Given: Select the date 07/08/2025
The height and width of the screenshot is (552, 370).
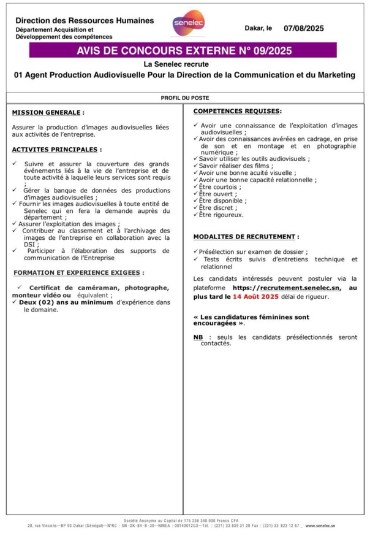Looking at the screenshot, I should click(303, 28).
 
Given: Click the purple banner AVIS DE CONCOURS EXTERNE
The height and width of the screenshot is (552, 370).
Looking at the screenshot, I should click(184, 50).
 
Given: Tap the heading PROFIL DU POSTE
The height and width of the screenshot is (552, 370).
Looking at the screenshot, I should click(184, 98).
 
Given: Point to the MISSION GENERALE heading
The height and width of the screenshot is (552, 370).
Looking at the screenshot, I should click(47, 113).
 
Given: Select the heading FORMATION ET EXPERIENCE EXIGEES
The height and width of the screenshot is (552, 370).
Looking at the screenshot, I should click(78, 272).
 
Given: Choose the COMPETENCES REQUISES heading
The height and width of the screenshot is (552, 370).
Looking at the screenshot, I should click(237, 111).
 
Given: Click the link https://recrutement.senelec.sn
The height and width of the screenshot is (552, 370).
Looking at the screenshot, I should click(286, 287).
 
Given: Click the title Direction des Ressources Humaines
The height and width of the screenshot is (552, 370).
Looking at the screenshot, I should click(85, 21).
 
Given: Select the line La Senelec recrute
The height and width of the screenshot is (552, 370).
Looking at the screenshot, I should click(184, 64).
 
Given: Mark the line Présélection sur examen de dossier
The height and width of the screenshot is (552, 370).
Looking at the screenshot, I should click(254, 251).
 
